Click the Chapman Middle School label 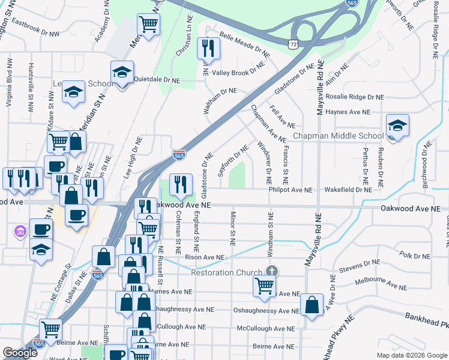338,136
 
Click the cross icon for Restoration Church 272,271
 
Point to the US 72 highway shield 291,44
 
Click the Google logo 20,353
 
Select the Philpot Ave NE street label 291,190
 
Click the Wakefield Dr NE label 348,190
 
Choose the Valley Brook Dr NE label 239,73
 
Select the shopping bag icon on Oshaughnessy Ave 312,305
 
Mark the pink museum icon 19,230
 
